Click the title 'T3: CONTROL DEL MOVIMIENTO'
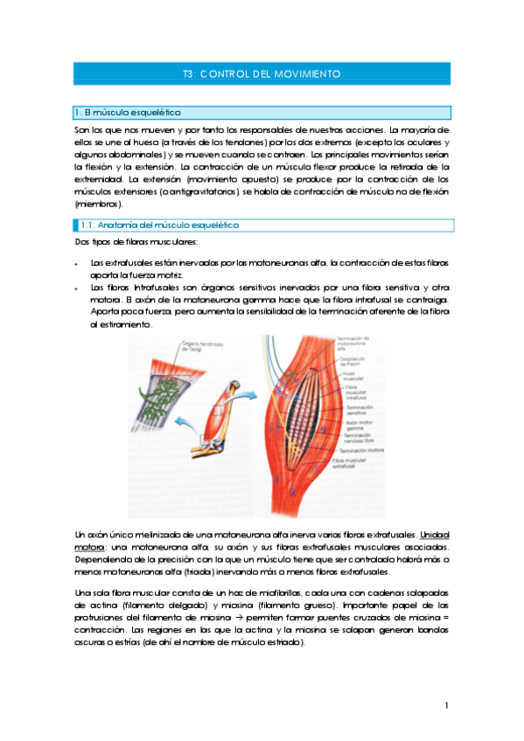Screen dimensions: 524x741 coord(262,74)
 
